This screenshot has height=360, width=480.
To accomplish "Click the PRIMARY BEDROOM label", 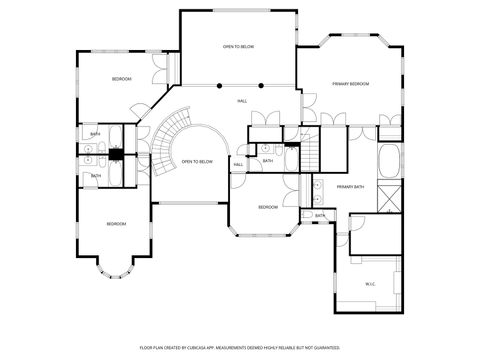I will [x=351, y=84].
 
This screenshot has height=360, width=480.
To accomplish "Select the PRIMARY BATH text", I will [x=350, y=187].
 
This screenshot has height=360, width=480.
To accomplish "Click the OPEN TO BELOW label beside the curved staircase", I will [x=197, y=161].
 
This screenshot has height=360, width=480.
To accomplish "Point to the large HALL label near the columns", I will [x=242, y=101].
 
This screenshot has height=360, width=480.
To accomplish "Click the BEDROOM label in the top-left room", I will [x=121, y=78].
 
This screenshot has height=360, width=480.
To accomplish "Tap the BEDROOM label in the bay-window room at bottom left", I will [x=116, y=224].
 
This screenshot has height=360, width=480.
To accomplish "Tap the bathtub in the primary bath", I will [x=387, y=159].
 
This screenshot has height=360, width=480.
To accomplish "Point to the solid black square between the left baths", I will [x=116, y=154].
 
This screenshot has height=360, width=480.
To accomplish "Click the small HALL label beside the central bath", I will [x=238, y=165].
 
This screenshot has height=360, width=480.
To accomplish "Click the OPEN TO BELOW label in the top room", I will [x=237, y=47].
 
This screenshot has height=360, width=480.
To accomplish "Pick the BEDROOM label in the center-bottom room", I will [x=267, y=207].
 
